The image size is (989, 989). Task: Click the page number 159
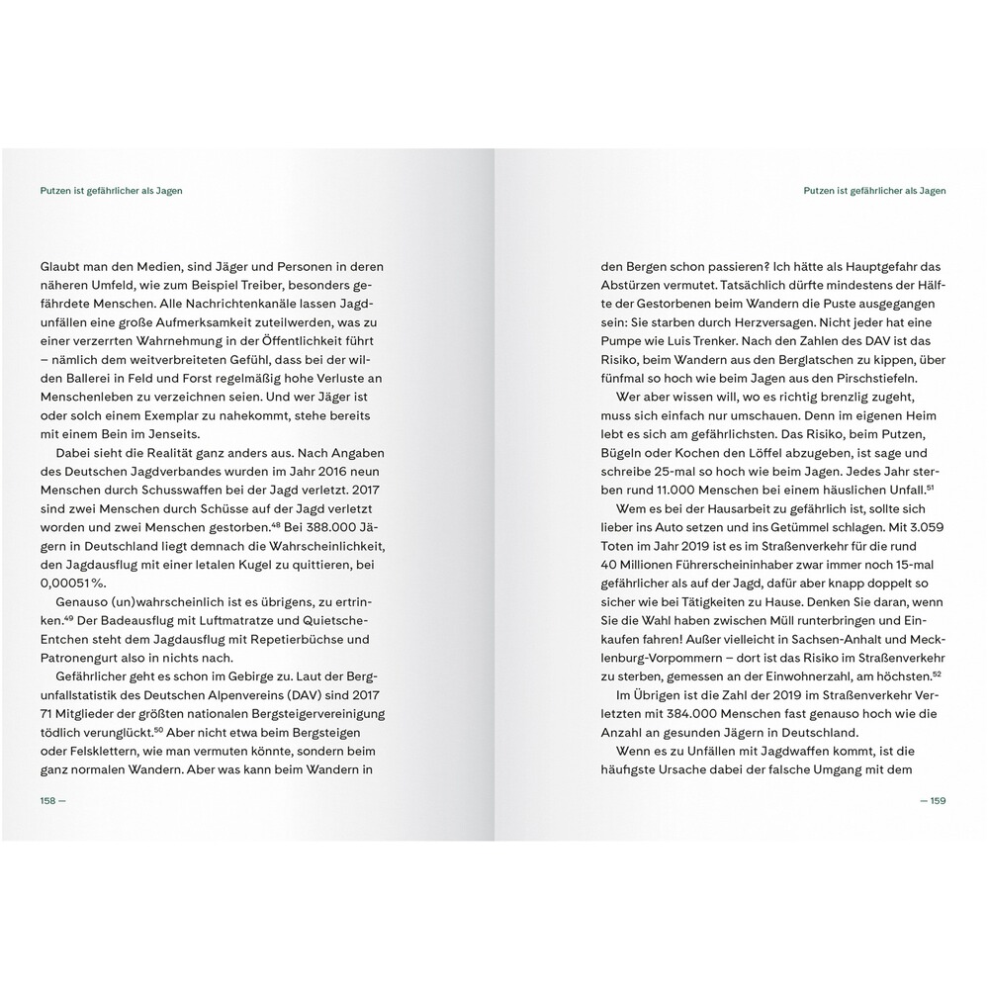937,801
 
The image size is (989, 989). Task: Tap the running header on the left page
111,191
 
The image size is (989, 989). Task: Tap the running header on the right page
874,191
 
